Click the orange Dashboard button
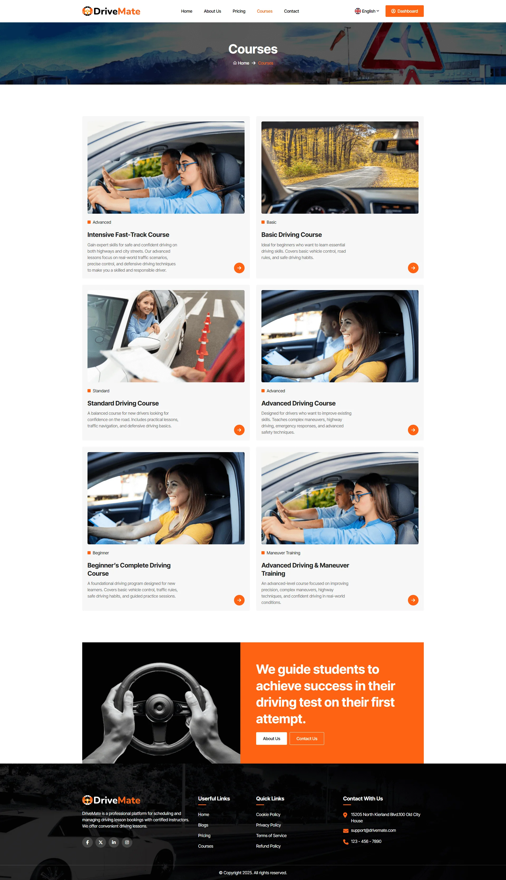pyautogui.click(x=404, y=11)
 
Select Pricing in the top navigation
pyautogui.click(x=239, y=11)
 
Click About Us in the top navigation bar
pyautogui.click(x=212, y=11)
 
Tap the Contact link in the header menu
pyautogui.click(x=291, y=11)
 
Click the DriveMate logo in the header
pyautogui.click(x=111, y=11)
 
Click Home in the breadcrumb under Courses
pyautogui.click(x=241, y=63)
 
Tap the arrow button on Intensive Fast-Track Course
pyautogui.click(x=239, y=268)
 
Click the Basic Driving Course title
pyautogui.click(x=291, y=235)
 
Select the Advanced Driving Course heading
pyautogui.click(x=298, y=403)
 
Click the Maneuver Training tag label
pyautogui.click(x=283, y=553)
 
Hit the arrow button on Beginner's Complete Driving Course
pyautogui.click(x=239, y=600)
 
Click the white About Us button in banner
pyautogui.click(x=271, y=739)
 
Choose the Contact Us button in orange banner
pyautogui.click(x=306, y=739)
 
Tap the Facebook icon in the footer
pyautogui.click(x=87, y=842)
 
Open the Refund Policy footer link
pyautogui.click(x=268, y=846)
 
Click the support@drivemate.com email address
pyautogui.click(x=373, y=830)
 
